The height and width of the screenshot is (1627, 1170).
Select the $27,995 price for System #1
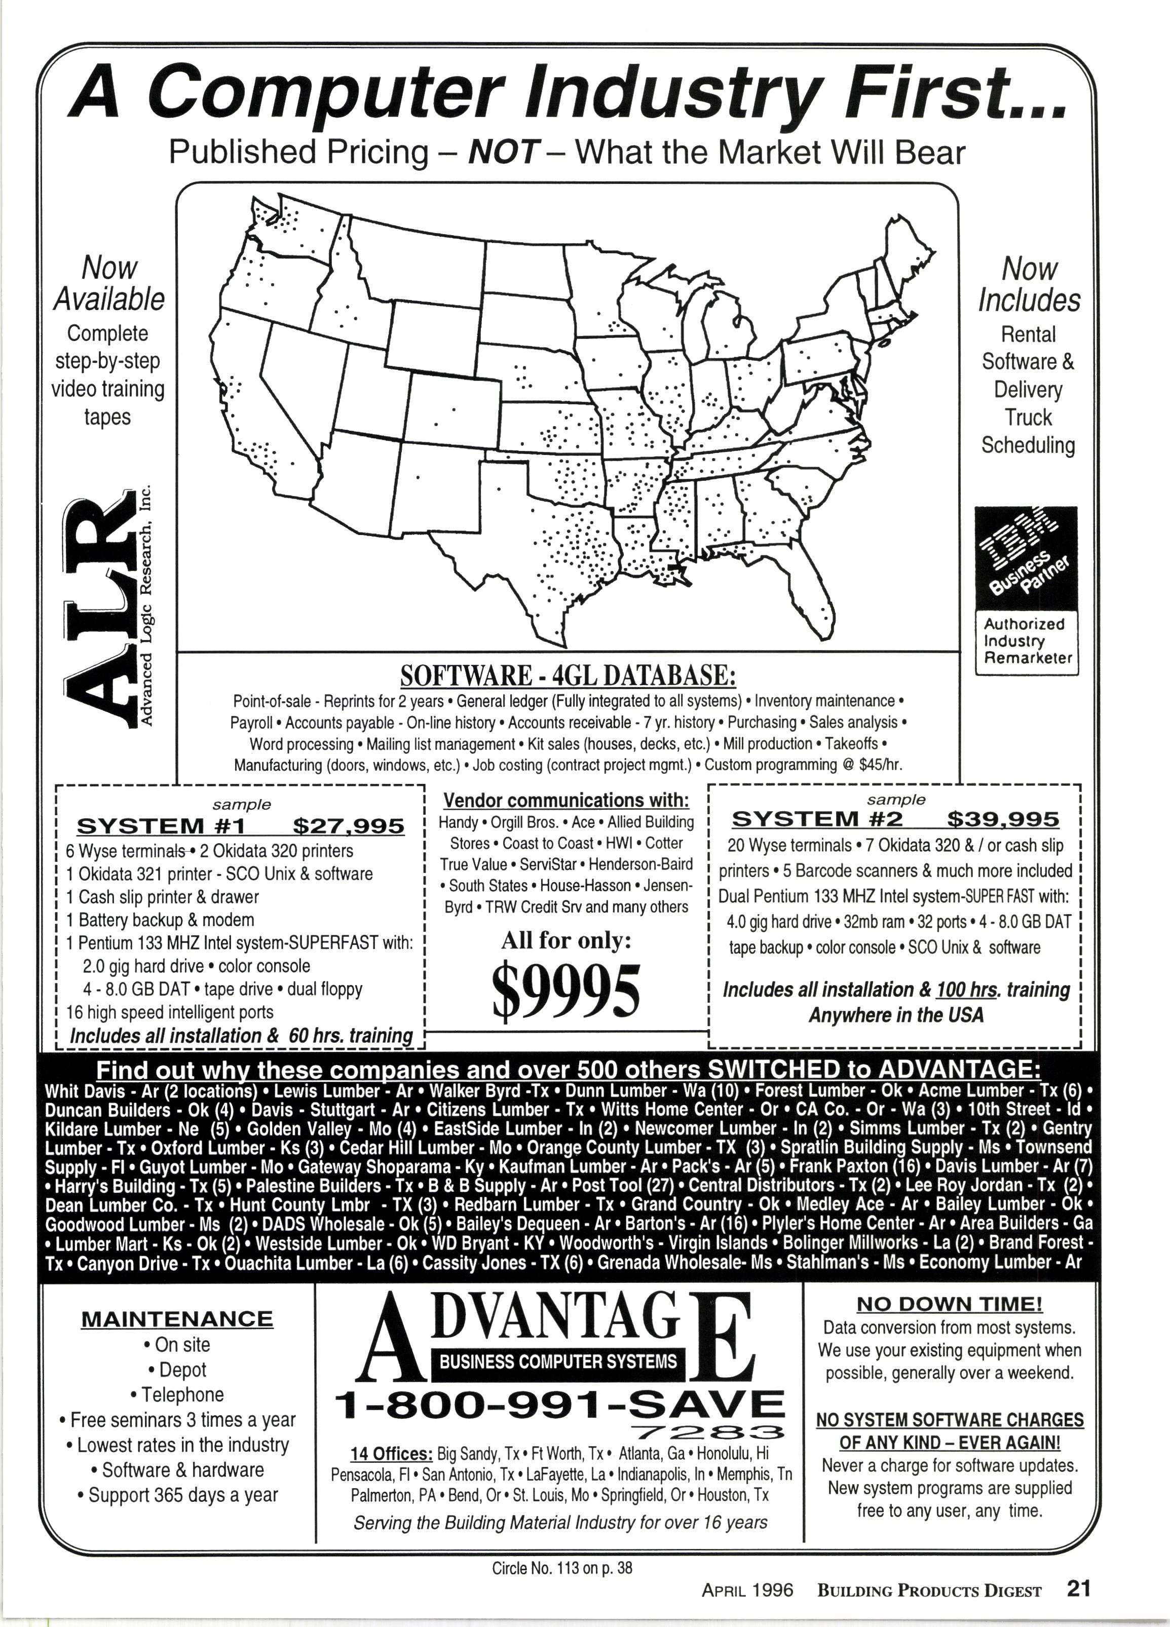click(x=349, y=826)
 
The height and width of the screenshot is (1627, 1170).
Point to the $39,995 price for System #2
click(x=1003, y=819)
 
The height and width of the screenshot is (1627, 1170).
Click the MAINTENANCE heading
click(x=177, y=1319)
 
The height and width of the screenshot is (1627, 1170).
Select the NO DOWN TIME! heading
click(x=950, y=1303)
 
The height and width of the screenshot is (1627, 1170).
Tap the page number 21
click(x=1078, y=1589)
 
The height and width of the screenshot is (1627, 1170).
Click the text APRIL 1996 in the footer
click(x=747, y=1591)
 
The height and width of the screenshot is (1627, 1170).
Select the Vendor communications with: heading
click(x=566, y=801)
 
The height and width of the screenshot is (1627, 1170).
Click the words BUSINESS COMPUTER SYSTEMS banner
click(x=558, y=1361)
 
